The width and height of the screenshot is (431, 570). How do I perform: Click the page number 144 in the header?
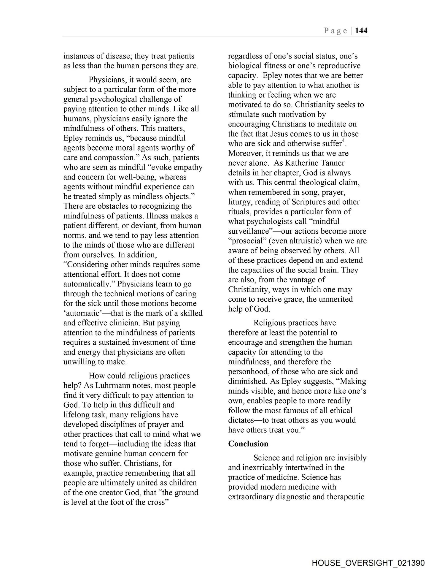pos(361,31)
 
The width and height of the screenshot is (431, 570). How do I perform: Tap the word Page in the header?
pos(335,31)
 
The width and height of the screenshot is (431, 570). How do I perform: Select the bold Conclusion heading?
pos(248,444)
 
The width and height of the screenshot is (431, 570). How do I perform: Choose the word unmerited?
pos(336,299)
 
